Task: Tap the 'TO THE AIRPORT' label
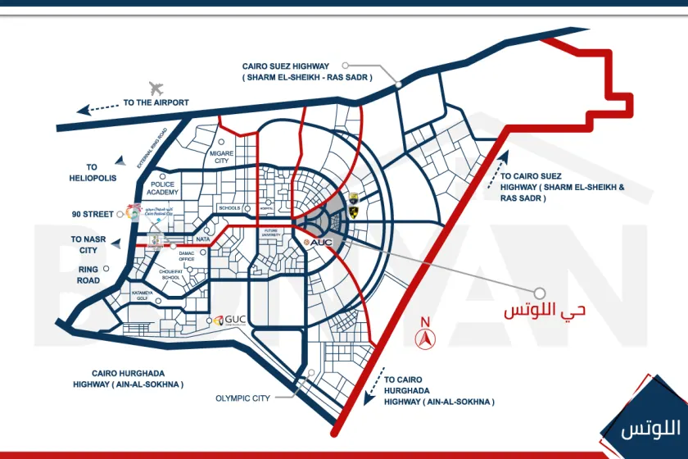[156, 103]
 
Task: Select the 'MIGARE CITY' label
[222, 157]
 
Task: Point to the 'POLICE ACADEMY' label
[170, 189]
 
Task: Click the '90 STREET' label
[93, 214]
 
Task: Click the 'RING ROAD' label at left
[89, 275]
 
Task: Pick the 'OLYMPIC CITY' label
[242, 398]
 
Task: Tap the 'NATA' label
[203, 239]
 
